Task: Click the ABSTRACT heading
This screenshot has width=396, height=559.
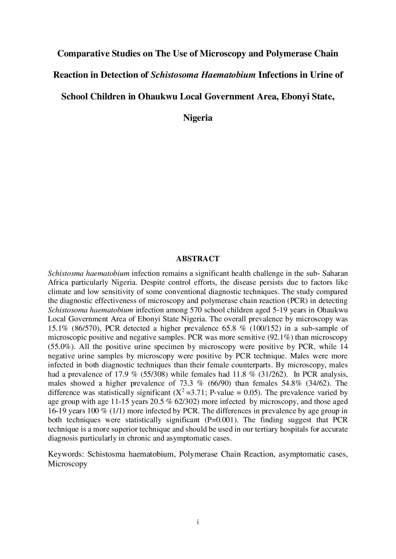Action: (x=197, y=259)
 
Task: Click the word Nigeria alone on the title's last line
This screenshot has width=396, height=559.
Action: (x=198, y=118)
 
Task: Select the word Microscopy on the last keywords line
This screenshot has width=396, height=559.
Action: (x=68, y=464)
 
